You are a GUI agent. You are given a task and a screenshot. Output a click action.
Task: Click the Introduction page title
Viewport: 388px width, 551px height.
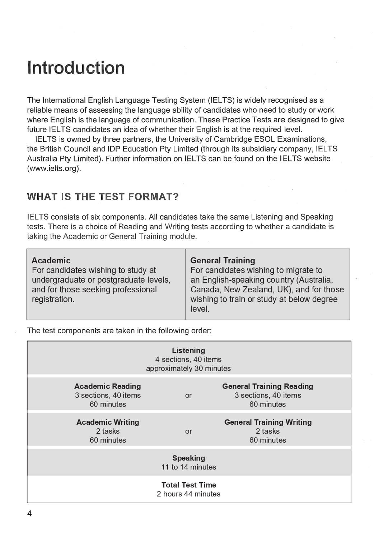coord(76,68)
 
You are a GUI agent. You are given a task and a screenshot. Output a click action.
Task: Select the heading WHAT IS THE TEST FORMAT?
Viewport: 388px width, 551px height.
coord(103,197)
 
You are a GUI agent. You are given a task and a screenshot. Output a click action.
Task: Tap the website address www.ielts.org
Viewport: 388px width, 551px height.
coord(54,168)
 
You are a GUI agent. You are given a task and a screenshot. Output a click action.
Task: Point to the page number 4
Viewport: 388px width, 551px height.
coord(29,514)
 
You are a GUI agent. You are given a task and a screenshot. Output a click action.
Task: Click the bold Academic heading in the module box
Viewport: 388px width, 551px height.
coord(51,260)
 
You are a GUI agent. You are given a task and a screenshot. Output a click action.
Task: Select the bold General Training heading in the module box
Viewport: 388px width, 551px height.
coord(223,260)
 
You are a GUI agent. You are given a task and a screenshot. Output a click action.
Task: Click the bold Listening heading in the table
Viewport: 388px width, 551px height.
coord(188,350)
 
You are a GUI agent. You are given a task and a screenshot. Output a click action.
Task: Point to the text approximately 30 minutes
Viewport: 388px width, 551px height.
coord(188,368)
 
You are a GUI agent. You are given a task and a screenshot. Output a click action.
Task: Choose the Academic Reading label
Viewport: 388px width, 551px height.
coord(108,386)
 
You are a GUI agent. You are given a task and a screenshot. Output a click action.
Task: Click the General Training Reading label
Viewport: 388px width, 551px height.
coord(267,386)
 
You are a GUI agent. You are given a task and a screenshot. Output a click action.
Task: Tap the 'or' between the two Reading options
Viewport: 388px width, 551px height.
coord(188,396)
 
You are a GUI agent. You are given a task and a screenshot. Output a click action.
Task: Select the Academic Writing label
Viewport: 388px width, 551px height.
coord(108,422)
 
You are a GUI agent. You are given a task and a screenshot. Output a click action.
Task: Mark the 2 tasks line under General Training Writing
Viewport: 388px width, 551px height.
coord(267,431)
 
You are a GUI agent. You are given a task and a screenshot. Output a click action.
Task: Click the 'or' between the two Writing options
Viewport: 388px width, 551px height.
coord(188,432)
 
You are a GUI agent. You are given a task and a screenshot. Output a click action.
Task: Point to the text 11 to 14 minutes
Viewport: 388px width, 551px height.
coord(188,467)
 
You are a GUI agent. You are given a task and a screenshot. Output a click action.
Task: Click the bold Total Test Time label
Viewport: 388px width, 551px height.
coord(188,485)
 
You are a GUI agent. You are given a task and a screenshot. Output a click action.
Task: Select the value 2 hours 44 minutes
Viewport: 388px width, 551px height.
coord(188,494)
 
